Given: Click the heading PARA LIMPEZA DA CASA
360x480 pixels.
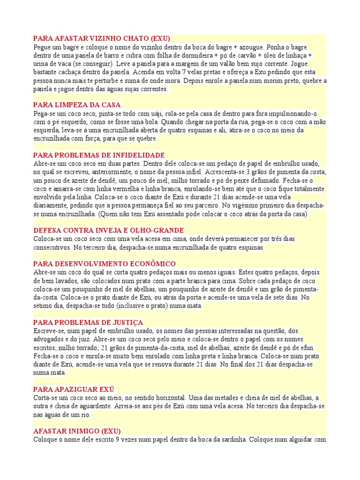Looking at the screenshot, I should (77, 105).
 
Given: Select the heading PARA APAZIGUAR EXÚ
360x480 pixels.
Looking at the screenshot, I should (74, 390).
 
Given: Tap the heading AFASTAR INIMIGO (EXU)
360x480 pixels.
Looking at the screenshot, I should (77, 431).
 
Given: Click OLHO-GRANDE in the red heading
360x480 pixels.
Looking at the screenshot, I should (158, 230).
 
